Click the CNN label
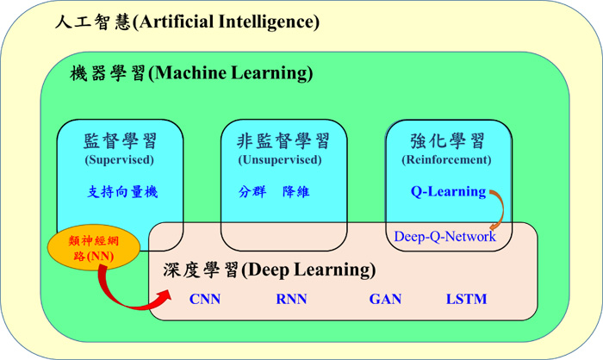(205, 299)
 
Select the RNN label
(291, 299)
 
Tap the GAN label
(385, 299)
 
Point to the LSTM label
(466, 299)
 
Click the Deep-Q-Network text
(445, 236)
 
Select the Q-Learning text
(449, 191)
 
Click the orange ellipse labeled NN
(93, 247)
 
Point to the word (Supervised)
(119, 159)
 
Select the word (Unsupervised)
(280, 159)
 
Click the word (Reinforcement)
(446, 159)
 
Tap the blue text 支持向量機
(122, 191)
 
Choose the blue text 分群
(252, 191)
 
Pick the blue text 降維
(295, 191)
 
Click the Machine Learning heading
(191, 72)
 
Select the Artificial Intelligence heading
(187, 22)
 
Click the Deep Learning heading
(269, 270)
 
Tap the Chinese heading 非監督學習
(283, 141)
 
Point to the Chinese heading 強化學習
(447, 141)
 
